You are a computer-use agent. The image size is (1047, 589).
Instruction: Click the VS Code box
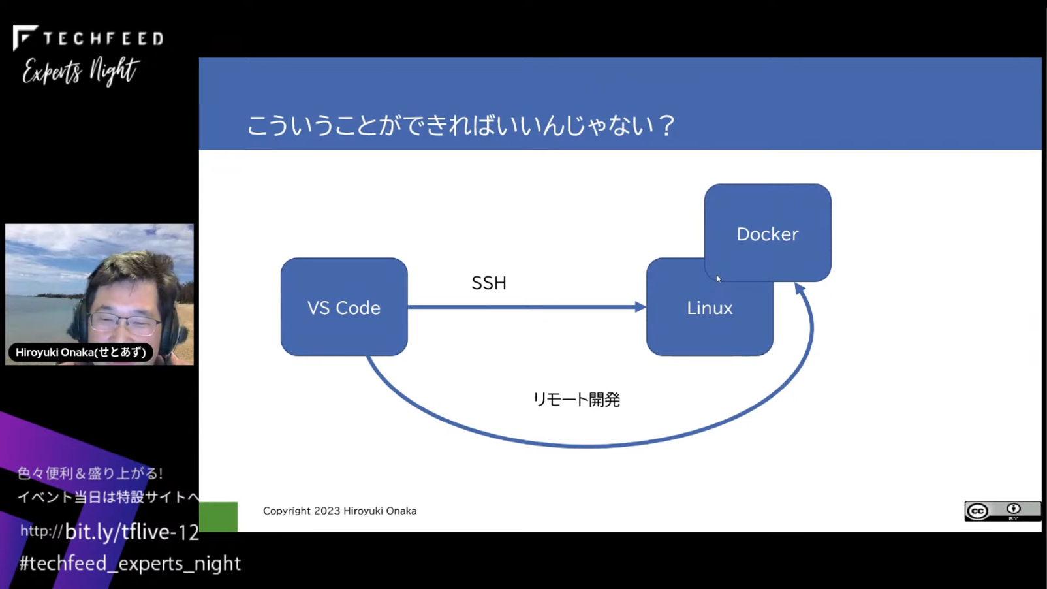[344, 307]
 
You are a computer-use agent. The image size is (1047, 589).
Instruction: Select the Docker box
[768, 233]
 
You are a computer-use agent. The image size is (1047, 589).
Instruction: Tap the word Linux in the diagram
[710, 308]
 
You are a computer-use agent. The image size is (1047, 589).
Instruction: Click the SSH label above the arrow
[489, 283]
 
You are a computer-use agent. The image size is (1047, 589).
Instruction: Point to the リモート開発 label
[576, 400]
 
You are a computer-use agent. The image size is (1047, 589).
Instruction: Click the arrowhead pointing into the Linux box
[640, 307]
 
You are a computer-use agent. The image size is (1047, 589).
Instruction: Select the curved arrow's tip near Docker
[800, 287]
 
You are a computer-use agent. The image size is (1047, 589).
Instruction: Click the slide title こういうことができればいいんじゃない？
[461, 125]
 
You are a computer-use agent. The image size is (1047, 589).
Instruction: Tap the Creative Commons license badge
[1002, 511]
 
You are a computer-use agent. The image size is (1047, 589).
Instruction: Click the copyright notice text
[340, 511]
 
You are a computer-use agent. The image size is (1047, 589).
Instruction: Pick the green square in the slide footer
[218, 517]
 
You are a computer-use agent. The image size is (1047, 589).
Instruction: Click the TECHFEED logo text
[103, 39]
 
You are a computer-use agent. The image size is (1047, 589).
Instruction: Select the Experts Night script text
[81, 71]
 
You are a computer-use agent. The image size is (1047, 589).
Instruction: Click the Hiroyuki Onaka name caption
[81, 352]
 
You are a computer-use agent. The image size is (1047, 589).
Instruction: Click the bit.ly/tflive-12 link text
[132, 532]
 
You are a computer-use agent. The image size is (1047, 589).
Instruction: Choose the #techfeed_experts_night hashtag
[130, 564]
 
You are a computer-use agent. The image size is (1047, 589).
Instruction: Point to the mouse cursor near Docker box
[719, 279]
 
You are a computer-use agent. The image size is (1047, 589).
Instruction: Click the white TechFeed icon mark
[24, 37]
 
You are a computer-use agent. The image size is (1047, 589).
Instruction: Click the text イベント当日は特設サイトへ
[108, 496]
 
